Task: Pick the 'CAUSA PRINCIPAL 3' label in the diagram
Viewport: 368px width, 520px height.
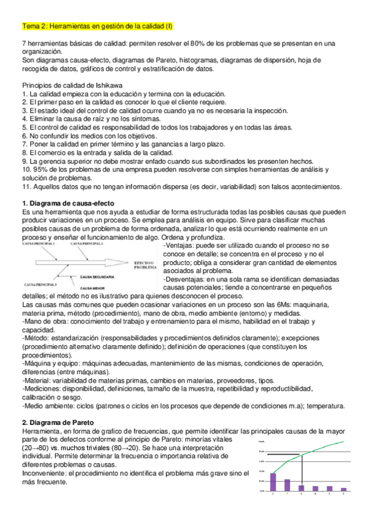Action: coord(41,285)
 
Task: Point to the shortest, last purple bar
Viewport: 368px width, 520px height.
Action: coord(343,489)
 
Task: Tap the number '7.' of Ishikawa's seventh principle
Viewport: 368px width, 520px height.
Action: coord(25,144)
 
